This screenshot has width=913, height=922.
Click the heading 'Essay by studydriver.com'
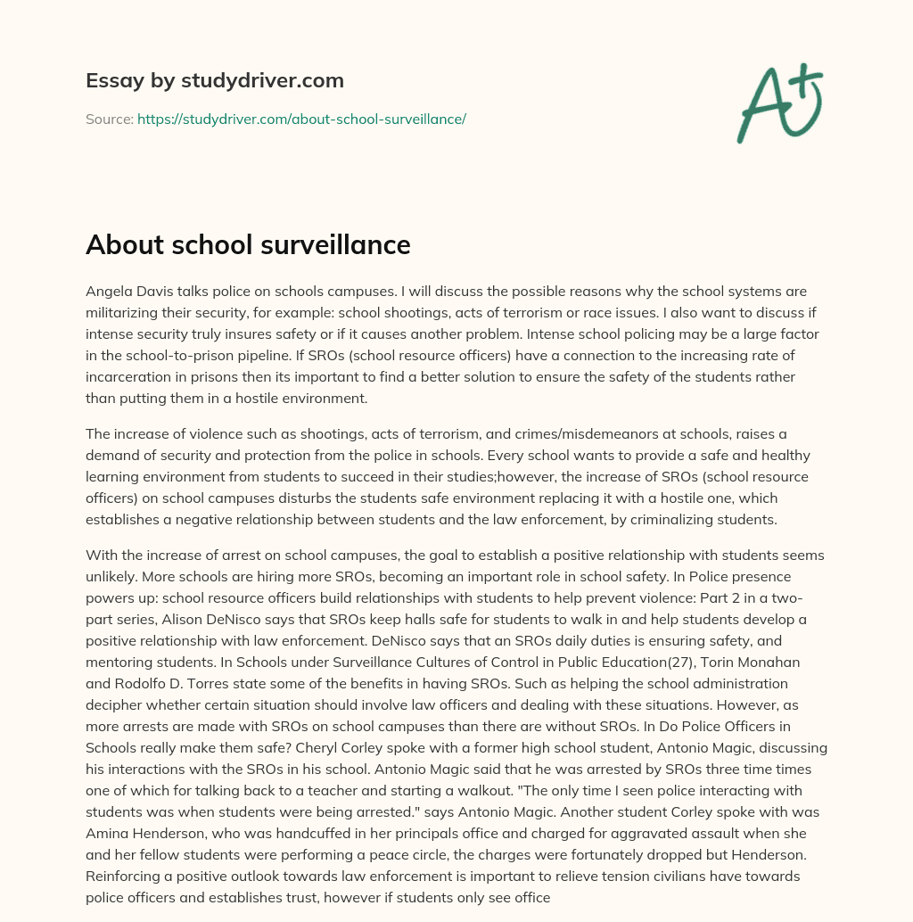point(214,80)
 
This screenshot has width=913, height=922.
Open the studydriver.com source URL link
point(301,119)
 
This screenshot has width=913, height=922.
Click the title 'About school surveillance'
point(248,245)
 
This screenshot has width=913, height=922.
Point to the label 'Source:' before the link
point(109,119)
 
